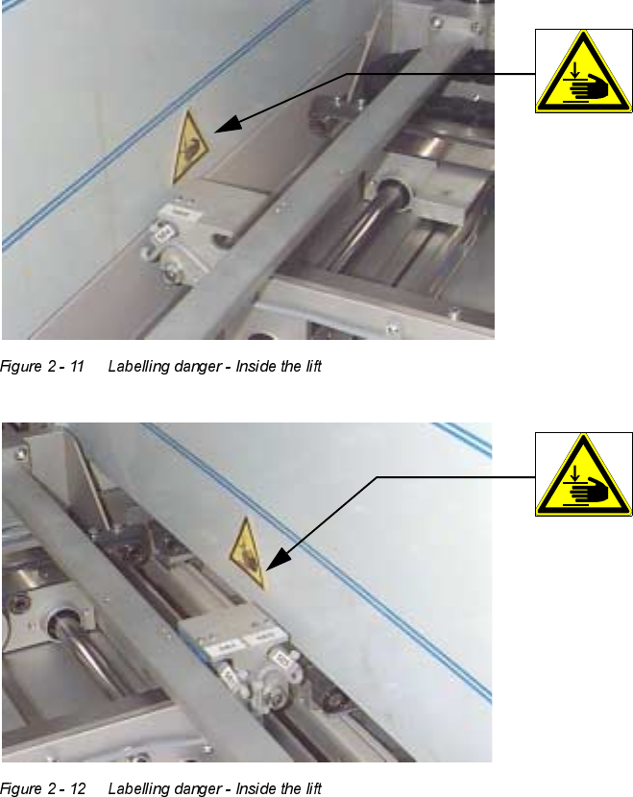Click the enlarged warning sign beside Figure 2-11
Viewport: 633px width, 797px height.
tap(583, 71)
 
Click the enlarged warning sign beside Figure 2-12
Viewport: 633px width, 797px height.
tap(583, 474)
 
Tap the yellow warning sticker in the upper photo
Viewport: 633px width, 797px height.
tap(188, 146)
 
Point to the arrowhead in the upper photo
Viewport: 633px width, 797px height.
tap(228, 125)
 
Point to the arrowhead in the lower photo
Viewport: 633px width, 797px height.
tap(278, 559)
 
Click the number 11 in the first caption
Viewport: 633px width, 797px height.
tap(77, 367)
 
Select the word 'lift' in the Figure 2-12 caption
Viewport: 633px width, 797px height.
tap(314, 787)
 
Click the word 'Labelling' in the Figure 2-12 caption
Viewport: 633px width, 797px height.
tap(139, 789)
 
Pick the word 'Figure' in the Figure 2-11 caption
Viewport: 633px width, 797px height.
tap(21, 367)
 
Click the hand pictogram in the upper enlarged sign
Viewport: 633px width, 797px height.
tap(589, 85)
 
